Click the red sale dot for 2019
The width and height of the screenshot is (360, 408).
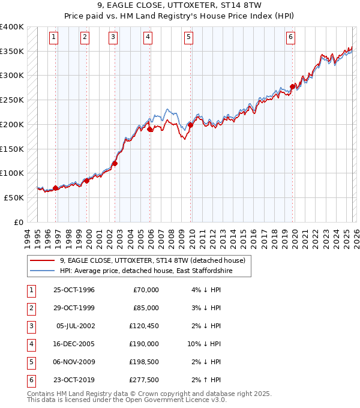pos(292,86)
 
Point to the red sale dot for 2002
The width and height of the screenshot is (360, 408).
pos(115,163)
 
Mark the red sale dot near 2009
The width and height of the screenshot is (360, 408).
pos(190,125)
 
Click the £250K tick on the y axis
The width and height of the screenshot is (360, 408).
pos(12,100)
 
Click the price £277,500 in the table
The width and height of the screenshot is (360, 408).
pos(143,379)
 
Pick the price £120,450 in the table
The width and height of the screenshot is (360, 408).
pos(143,327)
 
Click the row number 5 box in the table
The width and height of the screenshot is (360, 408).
pos(30,362)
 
